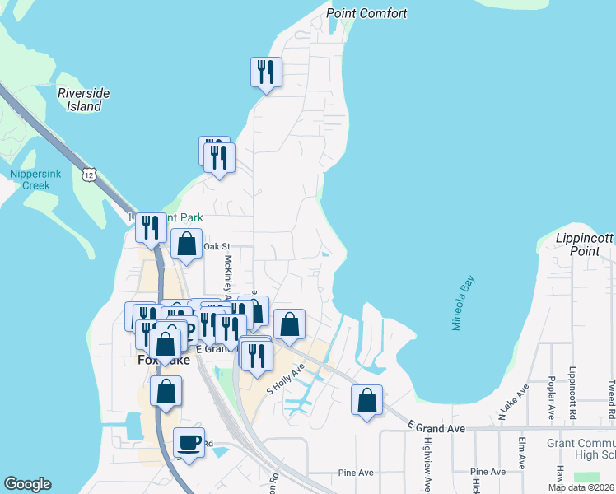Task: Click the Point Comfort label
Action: [x=366, y=13]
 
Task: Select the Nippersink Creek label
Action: [x=30, y=179]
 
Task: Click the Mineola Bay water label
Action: [x=463, y=304]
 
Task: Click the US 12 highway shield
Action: [x=90, y=174]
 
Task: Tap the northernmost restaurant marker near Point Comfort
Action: [x=266, y=72]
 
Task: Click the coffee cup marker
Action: [x=189, y=443]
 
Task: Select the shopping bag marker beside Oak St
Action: [x=187, y=244]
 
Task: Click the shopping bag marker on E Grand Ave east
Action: [x=366, y=400]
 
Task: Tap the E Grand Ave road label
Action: [x=436, y=428]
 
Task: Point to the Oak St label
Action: [x=217, y=246]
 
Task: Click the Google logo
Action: [x=27, y=484]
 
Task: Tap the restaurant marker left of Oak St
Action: [x=150, y=227]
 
